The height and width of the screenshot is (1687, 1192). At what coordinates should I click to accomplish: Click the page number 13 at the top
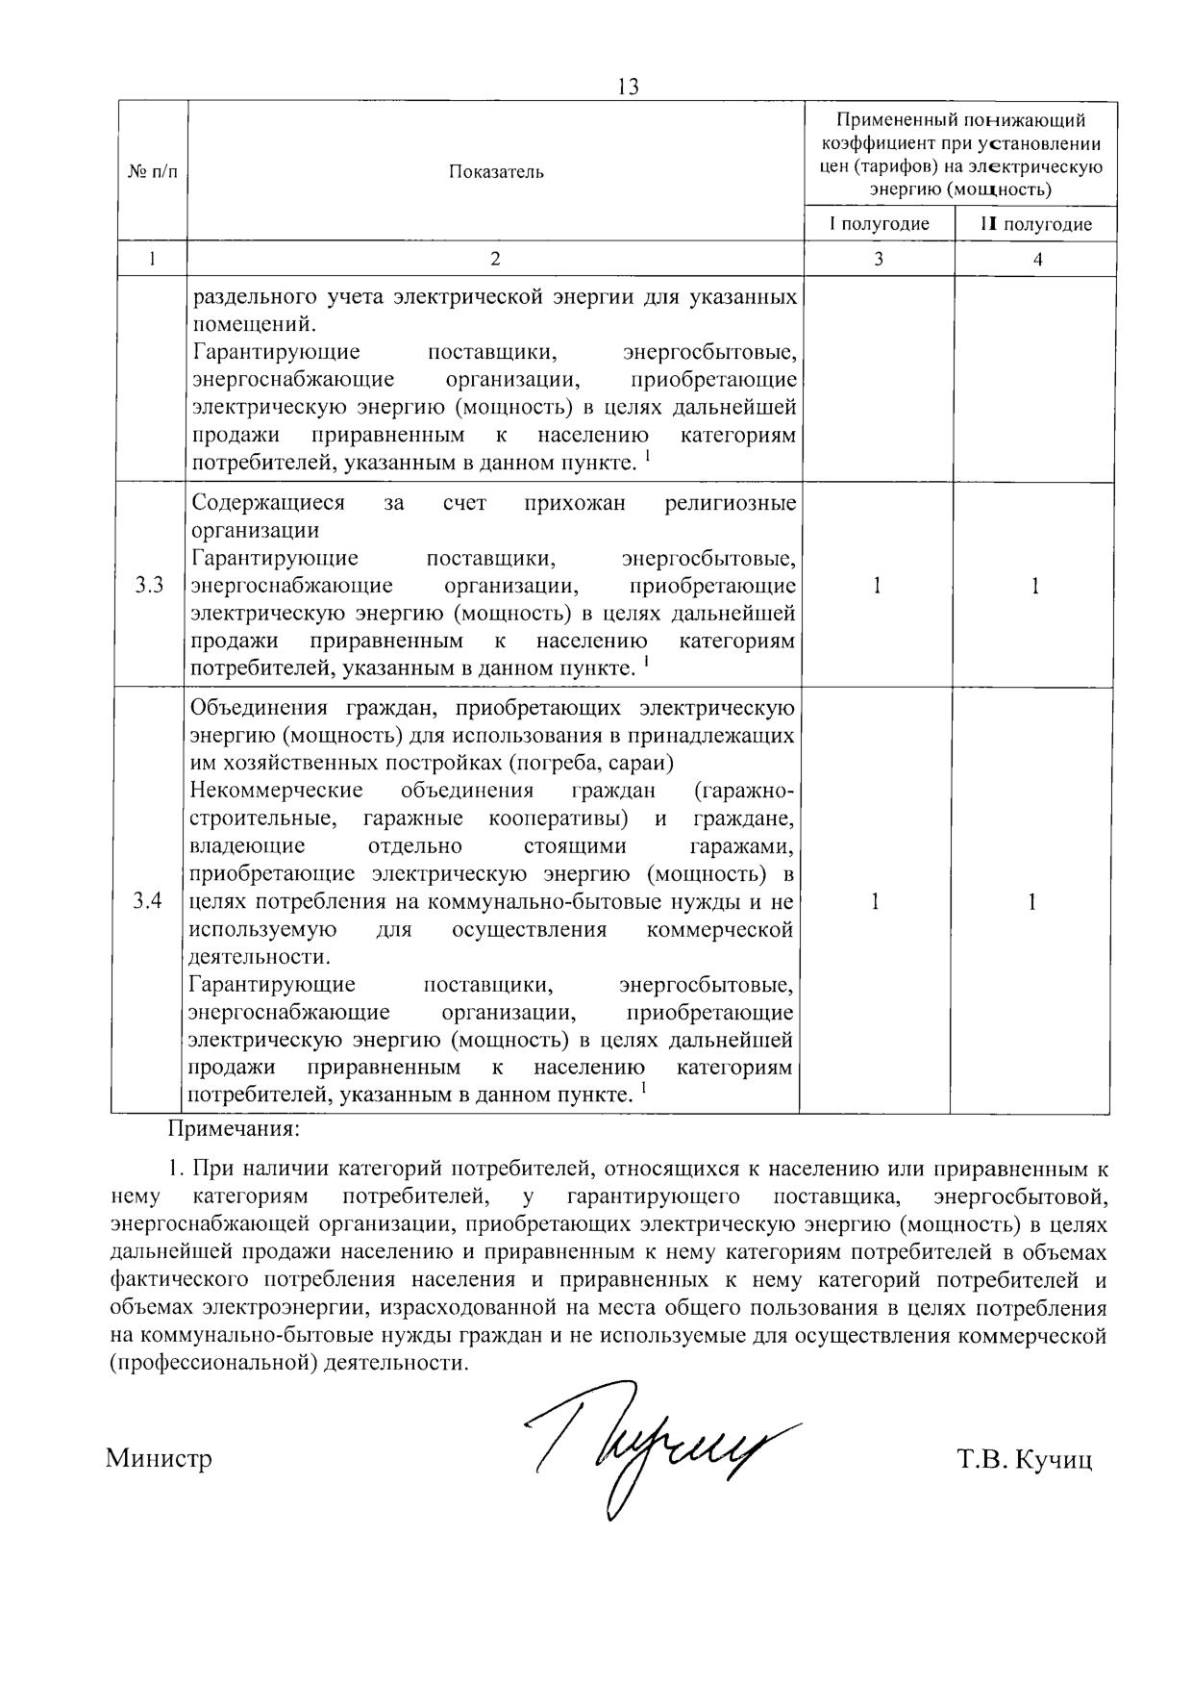(628, 87)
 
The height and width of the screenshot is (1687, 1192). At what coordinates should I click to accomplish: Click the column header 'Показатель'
(495, 172)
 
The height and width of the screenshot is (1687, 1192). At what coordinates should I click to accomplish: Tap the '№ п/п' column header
(152, 172)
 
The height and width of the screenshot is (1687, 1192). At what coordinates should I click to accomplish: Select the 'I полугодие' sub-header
(880, 224)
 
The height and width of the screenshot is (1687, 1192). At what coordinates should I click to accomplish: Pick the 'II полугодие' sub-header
(1035, 224)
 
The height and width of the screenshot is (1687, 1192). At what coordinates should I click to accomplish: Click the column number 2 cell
(495, 259)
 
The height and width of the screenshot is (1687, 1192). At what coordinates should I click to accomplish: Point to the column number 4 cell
(1036, 259)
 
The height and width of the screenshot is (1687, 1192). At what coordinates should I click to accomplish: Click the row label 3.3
(149, 585)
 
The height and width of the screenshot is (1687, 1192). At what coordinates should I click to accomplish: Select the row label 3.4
(148, 901)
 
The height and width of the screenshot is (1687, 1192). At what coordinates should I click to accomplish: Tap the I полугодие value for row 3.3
(877, 585)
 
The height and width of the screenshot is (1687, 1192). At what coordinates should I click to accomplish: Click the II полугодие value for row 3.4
(1031, 901)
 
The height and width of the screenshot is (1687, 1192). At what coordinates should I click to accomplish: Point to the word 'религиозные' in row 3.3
(731, 503)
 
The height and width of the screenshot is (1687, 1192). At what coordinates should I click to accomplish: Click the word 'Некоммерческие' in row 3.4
(277, 791)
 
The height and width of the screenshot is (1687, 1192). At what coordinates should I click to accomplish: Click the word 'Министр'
(159, 1459)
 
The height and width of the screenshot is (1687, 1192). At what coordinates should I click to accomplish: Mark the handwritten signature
(654, 1443)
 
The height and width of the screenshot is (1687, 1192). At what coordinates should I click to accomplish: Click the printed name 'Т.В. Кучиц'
(1025, 1460)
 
